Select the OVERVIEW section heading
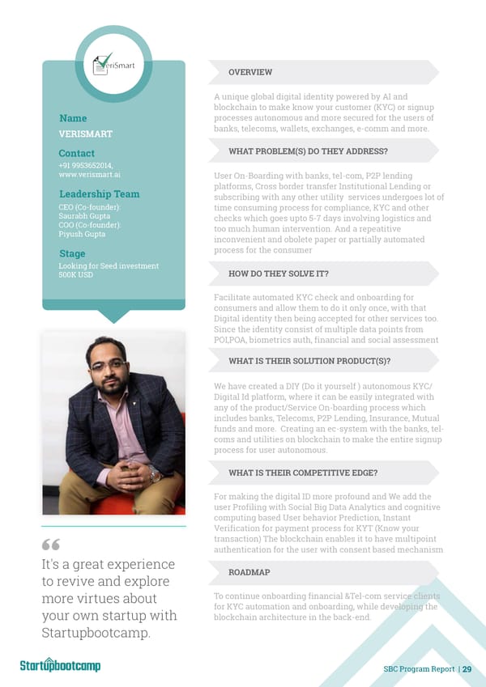coord(250,73)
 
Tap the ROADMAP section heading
coord(249,571)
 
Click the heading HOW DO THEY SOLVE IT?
coord(278,274)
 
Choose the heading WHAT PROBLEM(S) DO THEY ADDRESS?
coord(308,151)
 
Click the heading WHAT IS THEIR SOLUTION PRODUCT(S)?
coord(309,361)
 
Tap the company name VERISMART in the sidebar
coord(86,134)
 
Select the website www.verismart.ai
coord(90,175)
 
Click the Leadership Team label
coord(99,194)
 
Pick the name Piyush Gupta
coord(82,235)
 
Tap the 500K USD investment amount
coord(76,275)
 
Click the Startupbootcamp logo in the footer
coord(60,666)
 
